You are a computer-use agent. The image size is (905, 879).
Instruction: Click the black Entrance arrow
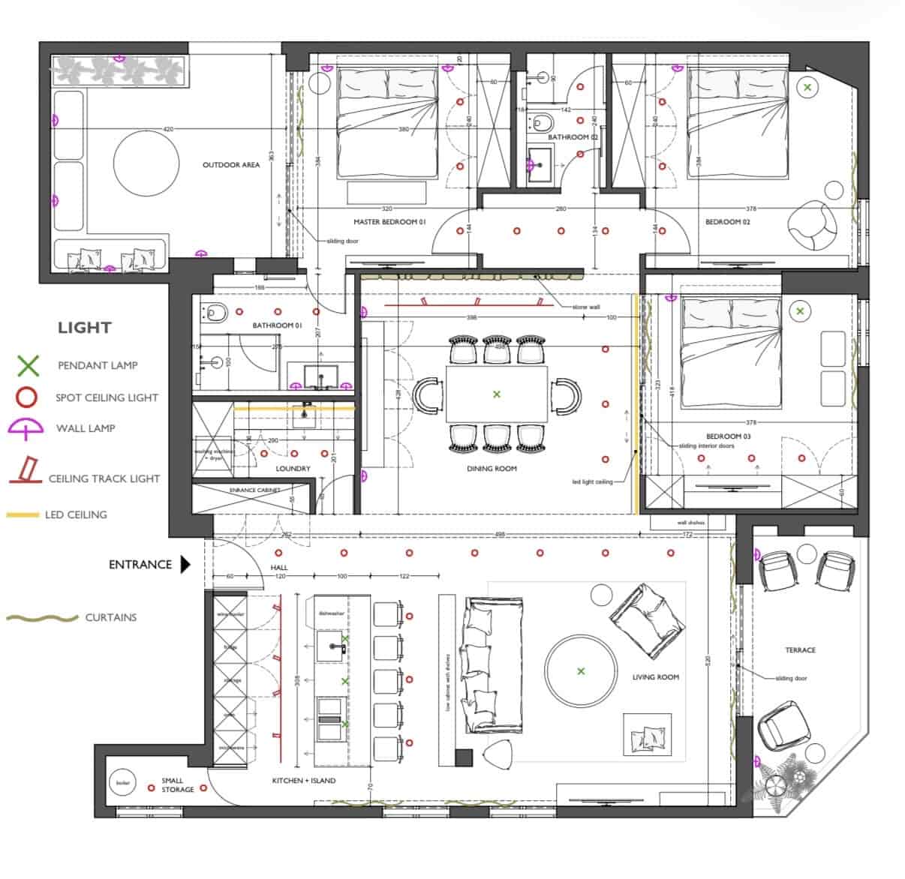tap(185, 564)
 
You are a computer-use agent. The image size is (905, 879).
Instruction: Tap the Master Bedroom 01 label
tap(389, 222)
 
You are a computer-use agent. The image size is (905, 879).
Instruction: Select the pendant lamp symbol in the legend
tap(28, 365)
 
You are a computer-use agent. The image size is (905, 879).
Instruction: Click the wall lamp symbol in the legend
tap(28, 428)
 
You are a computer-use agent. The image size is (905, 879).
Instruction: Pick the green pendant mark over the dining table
tap(496, 394)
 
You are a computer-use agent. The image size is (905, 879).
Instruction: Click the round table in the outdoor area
tap(146, 163)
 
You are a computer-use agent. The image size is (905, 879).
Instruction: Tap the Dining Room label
tap(492, 469)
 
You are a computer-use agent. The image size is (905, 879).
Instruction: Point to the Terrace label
tap(801, 650)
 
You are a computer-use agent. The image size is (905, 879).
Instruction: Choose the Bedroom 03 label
tap(728, 436)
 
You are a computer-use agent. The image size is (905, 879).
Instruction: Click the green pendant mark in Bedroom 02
tap(807, 88)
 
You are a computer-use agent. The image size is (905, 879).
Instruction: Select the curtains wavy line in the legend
tap(42, 618)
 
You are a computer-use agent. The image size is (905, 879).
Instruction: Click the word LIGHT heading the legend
tap(84, 328)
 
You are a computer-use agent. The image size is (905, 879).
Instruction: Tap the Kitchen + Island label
tap(304, 781)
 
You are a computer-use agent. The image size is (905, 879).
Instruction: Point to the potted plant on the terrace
tap(780, 782)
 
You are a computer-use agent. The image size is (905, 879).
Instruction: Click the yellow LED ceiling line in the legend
tap(23, 515)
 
